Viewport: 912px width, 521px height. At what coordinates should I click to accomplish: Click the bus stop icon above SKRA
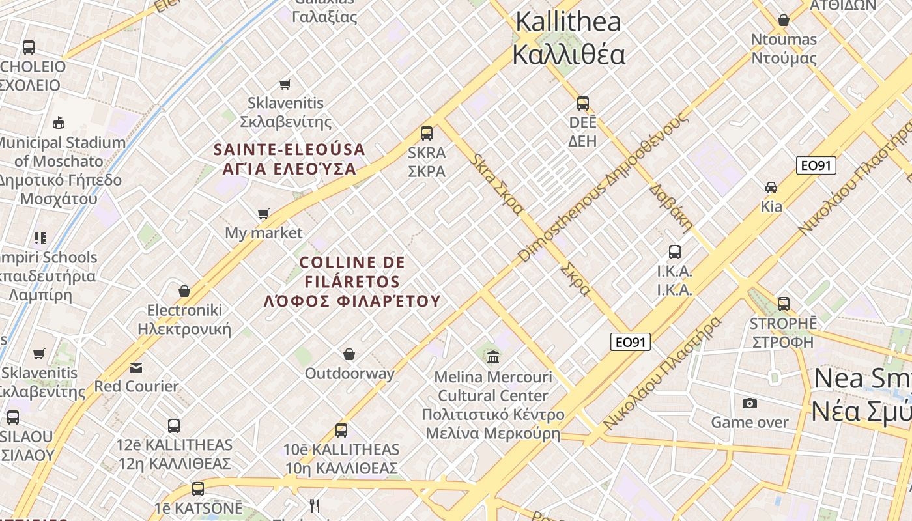(427, 134)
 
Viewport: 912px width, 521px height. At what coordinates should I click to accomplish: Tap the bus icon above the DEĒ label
(583, 104)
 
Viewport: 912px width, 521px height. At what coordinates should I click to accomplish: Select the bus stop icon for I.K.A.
(675, 252)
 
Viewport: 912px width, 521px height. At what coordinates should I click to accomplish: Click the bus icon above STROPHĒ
(784, 304)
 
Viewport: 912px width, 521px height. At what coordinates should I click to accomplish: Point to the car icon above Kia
(771, 188)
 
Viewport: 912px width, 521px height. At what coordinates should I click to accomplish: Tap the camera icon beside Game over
(750, 403)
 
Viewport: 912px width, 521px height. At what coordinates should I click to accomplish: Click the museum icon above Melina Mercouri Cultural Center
(493, 357)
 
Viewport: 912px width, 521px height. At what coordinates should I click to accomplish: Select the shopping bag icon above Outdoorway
(350, 354)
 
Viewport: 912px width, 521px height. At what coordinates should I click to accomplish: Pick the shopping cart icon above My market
(264, 214)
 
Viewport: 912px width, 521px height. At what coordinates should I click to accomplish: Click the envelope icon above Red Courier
(135, 368)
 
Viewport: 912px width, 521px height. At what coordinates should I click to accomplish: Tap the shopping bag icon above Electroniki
(184, 290)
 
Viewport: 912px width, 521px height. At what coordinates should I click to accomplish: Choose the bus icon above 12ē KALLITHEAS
(174, 426)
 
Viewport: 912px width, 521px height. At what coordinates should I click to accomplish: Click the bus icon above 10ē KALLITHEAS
(341, 430)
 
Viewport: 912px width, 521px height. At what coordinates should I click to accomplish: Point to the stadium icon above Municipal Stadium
(59, 122)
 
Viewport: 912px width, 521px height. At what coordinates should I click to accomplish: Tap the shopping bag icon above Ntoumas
(784, 20)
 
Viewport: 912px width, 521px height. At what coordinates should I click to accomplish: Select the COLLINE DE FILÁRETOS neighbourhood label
(352, 281)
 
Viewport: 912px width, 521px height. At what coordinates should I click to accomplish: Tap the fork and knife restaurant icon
(315, 506)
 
